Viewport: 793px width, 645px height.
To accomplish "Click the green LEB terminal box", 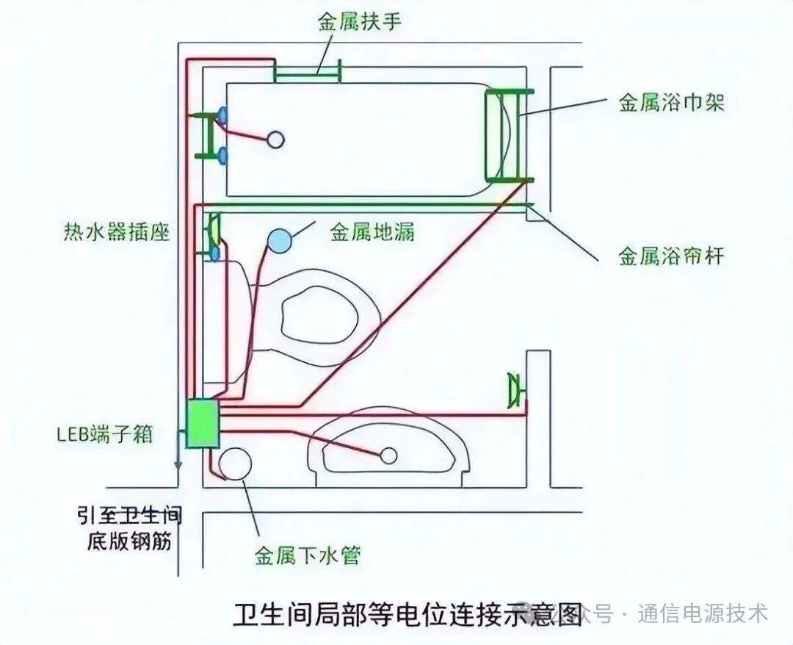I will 203,424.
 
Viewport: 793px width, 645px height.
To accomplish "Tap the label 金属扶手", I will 360,22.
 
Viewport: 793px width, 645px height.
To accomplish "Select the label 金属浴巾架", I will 671,102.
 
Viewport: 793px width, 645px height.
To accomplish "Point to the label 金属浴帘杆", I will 671,256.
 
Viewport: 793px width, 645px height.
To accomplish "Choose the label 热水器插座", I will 116,233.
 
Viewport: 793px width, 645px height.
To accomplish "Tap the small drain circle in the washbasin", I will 389,455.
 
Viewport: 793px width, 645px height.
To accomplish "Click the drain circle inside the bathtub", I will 275,140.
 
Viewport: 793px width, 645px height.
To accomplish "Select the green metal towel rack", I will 508,134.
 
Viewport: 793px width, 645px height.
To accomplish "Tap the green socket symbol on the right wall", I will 516,390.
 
